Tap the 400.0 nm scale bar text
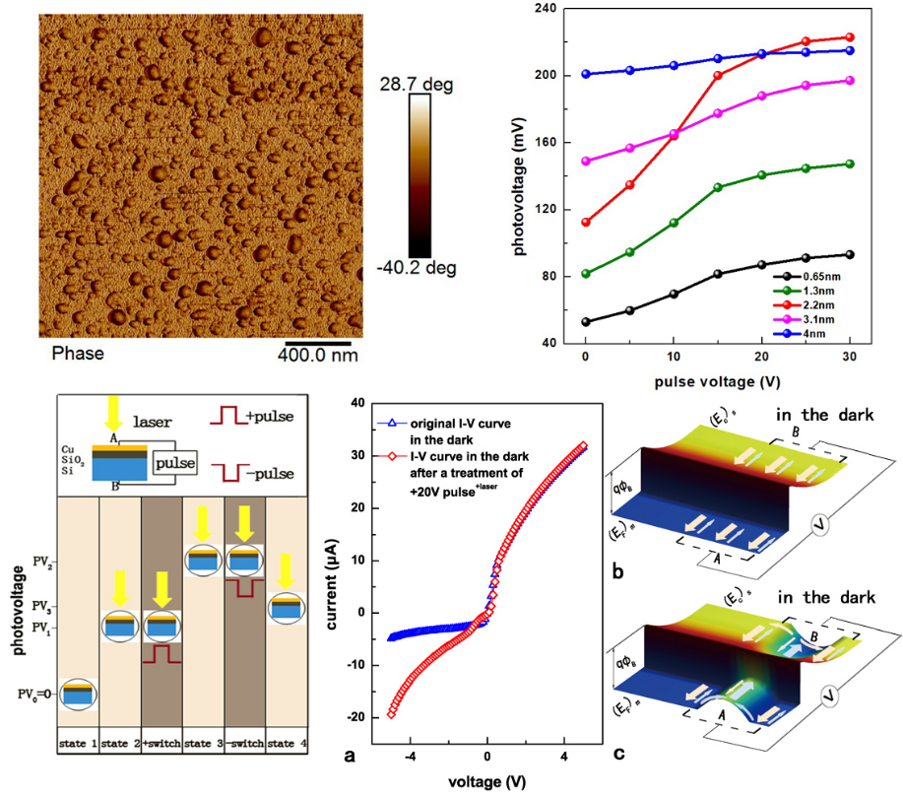coord(316,353)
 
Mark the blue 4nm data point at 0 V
coord(586,74)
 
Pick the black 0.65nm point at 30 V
coord(849,254)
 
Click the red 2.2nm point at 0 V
coord(586,223)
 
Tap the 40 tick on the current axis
coord(359,404)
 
